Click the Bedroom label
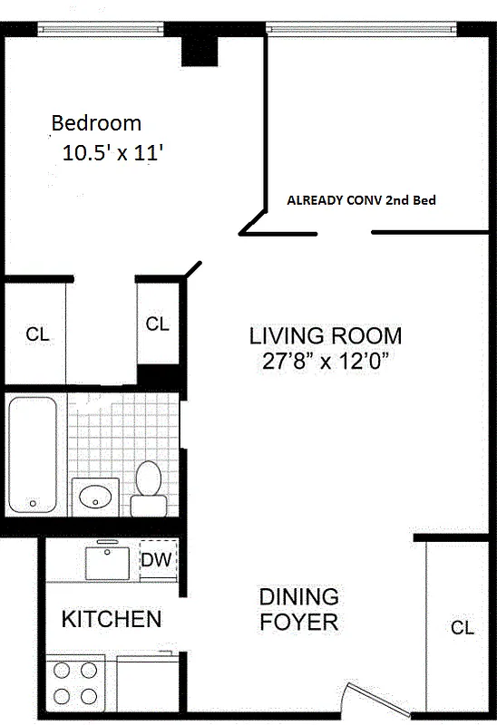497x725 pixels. pyautogui.click(x=96, y=122)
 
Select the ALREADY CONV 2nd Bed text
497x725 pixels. pyautogui.click(x=362, y=200)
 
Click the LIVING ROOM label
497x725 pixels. pyautogui.click(x=326, y=336)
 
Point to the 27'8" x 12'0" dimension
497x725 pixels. pyautogui.click(x=326, y=363)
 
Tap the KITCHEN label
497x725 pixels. pyautogui.click(x=112, y=620)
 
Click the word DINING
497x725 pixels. pyautogui.click(x=298, y=597)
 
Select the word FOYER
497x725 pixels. pyautogui.click(x=298, y=623)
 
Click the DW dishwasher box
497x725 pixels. pyautogui.click(x=156, y=559)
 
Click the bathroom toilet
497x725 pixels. pyautogui.click(x=148, y=487)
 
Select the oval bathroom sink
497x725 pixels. pyautogui.click(x=94, y=497)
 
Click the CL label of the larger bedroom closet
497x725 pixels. pyautogui.click(x=37, y=334)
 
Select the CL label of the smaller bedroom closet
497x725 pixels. pyautogui.click(x=157, y=324)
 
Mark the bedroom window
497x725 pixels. pyautogui.click(x=100, y=30)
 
